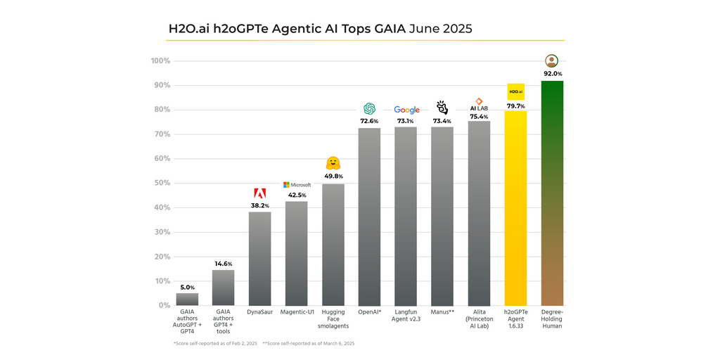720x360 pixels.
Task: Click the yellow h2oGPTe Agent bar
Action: click(515, 208)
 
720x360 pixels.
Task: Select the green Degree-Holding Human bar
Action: click(552, 193)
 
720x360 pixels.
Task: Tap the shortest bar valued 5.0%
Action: click(187, 300)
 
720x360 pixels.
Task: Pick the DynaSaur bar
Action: click(259, 258)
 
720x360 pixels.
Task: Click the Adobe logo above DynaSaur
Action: click(259, 193)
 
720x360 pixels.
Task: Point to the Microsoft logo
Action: click(297, 185)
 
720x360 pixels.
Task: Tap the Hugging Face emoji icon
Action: click(333, 165)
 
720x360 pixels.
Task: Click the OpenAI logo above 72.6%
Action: click(369, 108)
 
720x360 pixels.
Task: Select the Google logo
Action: click(406, 110)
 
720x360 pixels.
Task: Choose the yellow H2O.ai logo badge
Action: click(515, 92)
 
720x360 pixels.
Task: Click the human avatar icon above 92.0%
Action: click(552, 61)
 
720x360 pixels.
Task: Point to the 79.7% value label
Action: click(515, 105)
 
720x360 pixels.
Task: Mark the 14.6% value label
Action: click(223, 264)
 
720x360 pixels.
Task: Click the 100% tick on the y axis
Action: click(160, 61)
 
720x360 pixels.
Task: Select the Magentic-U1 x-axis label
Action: click(297, 311)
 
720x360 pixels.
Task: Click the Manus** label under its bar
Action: click(442, 311)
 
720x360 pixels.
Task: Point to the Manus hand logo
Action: click(442, 108)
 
